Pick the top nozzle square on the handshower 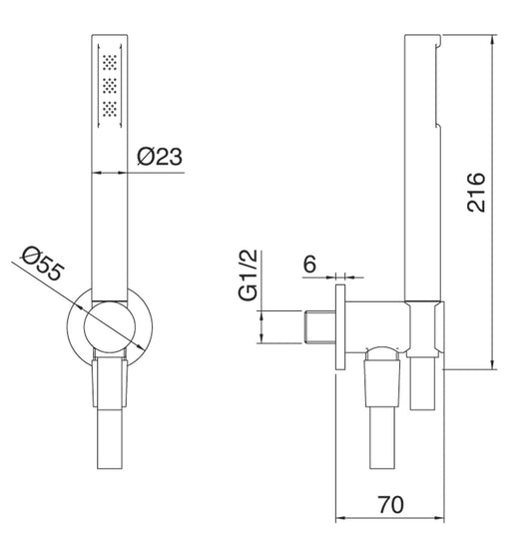[109, 64]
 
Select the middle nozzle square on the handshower [109, 85]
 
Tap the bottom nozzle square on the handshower [109, 106]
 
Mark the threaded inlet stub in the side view [318, 326]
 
